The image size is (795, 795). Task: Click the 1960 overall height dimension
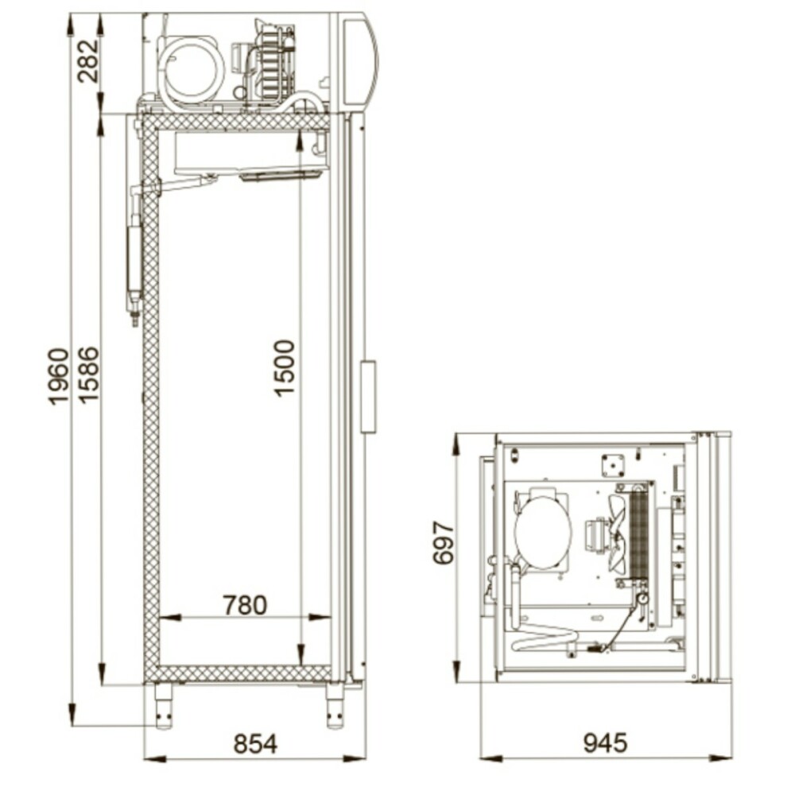point(58,375)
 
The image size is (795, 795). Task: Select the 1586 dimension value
point(88,374)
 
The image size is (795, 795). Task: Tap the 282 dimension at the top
point(88,61)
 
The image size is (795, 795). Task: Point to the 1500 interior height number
point(284,367)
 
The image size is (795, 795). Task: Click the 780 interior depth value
point(245,605)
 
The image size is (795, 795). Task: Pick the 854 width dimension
point(255,744)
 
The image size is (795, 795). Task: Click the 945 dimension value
point(605,743)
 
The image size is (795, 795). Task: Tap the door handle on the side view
point(369,397)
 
